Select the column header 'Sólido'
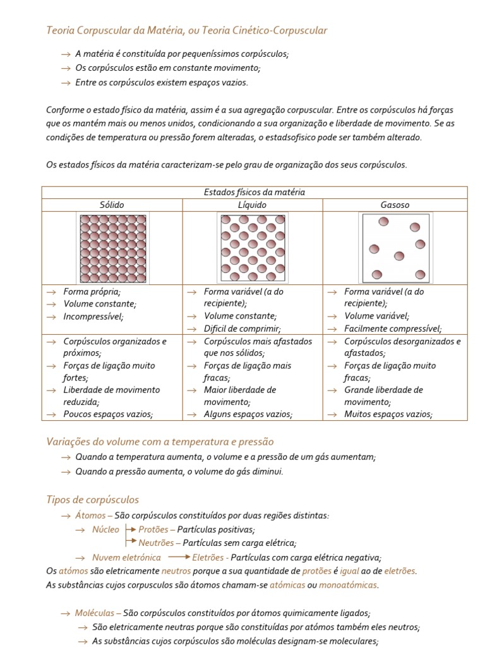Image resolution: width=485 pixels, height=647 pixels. pyautogui.click(x=112, y=205)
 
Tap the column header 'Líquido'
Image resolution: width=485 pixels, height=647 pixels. pyautogui.click(x=253, y=205)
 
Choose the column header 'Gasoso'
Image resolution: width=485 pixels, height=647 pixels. pyautogui.click(x=395, y=205)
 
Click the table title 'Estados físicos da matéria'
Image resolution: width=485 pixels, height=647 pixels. pyautogui.click(x=254, y=192)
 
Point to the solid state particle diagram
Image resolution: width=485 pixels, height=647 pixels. pyautogui.click(x=113, y=247)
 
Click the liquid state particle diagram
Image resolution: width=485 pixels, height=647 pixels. pyautogui.click(x=253, y=247)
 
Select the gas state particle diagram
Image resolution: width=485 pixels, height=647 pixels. pyautogui.click(x=395, y=247)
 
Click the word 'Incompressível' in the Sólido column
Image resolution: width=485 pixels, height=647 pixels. pyautogui.click(x=93, y=316)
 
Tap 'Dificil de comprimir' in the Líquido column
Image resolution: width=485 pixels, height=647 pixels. pyautogui.click(x=242, y=329)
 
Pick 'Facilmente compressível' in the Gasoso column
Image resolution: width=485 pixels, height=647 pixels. pyautogui.click(x=393, y=329)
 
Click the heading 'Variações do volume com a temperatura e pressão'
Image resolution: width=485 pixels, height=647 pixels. pyautogui.click(x=160, y=442)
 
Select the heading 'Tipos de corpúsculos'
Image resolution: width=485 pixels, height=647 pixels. pyautogui.click(x=93, y=500)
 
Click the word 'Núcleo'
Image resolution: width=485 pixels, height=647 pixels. pyautogui.click(x=105, y=529)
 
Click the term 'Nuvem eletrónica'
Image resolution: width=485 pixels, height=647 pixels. pyautogui.click(x=126, y=557)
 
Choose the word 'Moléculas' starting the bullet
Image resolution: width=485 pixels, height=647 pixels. pyautogui.click(x=94, y=613)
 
